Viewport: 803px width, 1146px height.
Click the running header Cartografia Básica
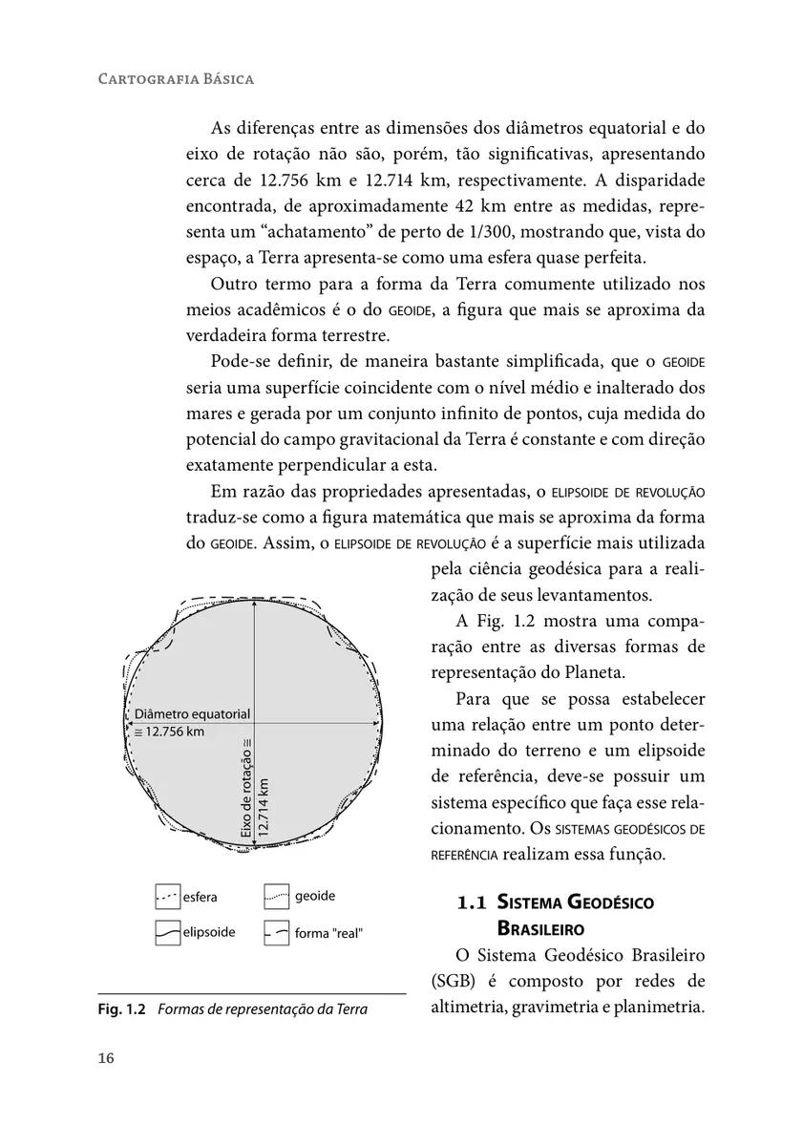coord(177,78)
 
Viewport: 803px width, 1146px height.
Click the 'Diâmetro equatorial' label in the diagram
coord(192,714)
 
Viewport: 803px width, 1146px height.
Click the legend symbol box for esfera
coord(167,897)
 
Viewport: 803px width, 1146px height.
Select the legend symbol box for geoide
coord(276,897)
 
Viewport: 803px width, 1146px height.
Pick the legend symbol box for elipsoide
coord(167,932)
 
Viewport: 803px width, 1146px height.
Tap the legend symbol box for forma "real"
coord(276,932)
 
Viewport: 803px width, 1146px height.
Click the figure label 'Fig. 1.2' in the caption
coord(121,1008)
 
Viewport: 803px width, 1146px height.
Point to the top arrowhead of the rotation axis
coord(254,605)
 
